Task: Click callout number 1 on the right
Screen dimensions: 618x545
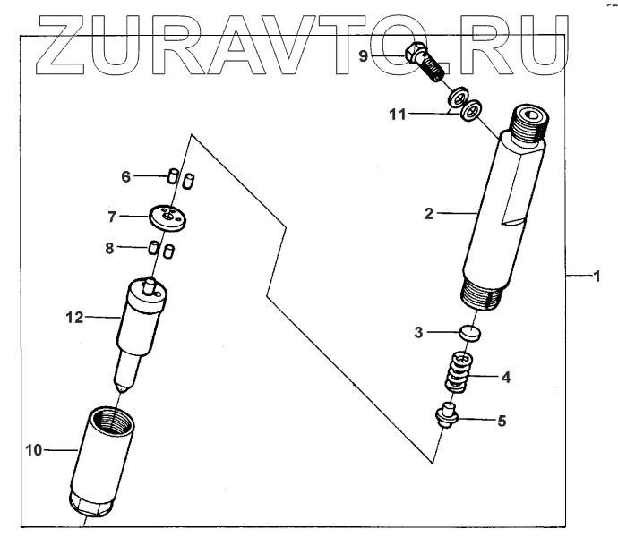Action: click(594, 277)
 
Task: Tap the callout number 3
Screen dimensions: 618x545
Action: click(418, 333)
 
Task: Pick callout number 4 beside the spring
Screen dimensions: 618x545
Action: click(506, 377)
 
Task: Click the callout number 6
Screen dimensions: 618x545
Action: click(126, 177)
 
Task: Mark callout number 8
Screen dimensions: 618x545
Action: click(110, 249)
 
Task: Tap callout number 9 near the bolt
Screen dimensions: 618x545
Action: click(364, 55)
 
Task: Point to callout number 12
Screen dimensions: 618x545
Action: click(73, 316)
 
